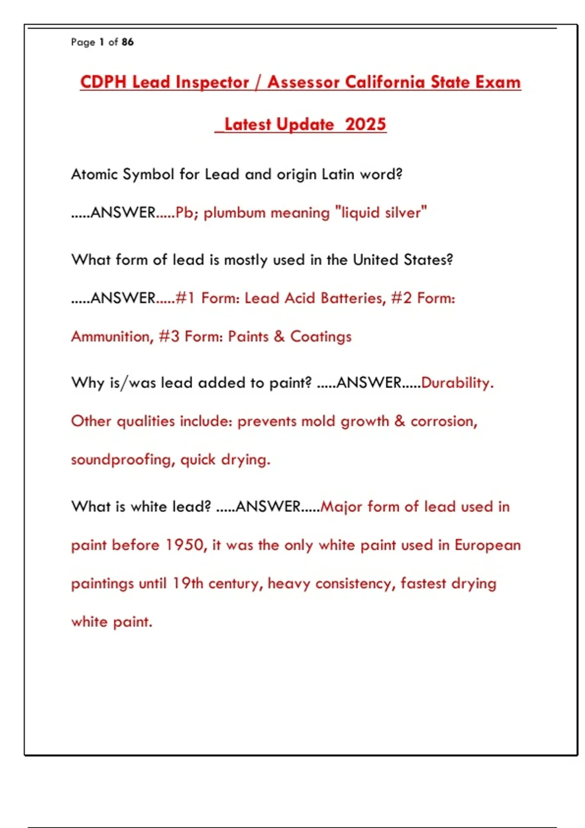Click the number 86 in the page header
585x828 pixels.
pos(128,42)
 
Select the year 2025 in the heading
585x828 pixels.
pos(366,125)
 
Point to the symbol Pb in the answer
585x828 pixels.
pos(184,213)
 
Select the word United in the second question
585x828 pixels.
pos(375,260)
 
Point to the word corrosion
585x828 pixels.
pos(443,421)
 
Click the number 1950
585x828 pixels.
pos(185,545)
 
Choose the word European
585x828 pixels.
pos(487,545)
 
